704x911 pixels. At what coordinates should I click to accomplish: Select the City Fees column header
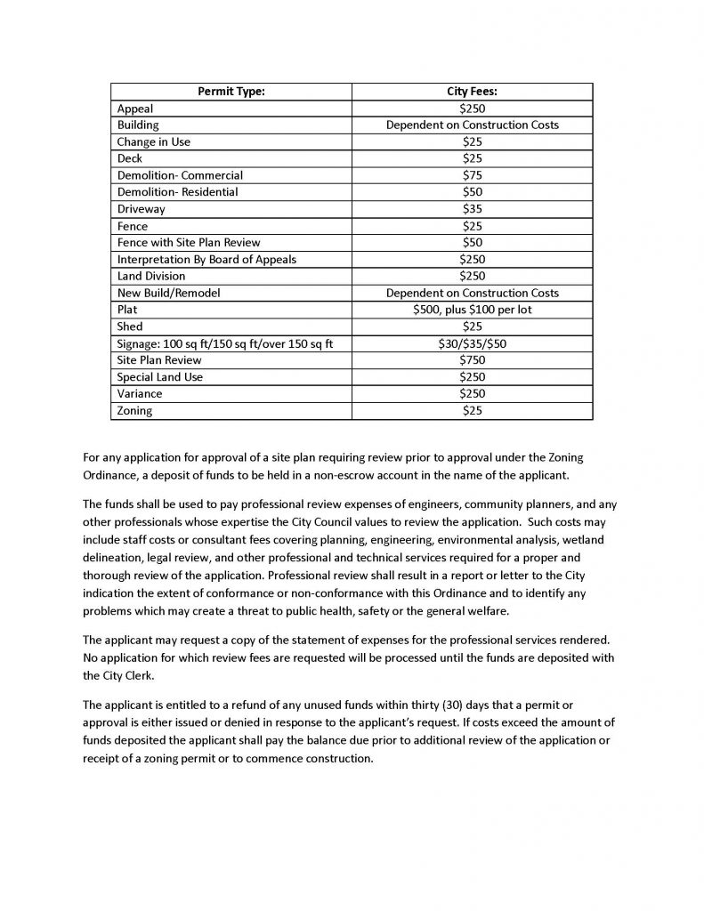pyautogui.click(x=472, y=91)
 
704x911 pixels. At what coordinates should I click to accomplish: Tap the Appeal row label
pyautogui.click(x=135, y=108)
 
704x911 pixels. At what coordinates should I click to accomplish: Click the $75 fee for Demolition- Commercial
pyautogui.click(x=472, y=175)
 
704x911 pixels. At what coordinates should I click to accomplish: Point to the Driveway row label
pyautogui.click(x=142, y=209)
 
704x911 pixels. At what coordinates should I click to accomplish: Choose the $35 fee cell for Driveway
pyautogui.click(x=472, y=209)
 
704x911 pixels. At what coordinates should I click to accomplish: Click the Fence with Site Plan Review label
pyautogui.click(x=189, y=243)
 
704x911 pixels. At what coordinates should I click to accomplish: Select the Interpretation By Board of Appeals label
pyautogui.click(x=206, y=260)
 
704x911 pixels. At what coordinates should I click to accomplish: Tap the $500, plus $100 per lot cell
pyautogui.click(x=472, y=310)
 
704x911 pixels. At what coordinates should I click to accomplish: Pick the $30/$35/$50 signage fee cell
pyautogui.click(x=472, y=343)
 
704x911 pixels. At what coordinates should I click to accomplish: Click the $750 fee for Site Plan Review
pyautogui.click(x=472, y=360)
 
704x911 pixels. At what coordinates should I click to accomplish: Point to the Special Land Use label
pyautogui.click(x=160, y=377)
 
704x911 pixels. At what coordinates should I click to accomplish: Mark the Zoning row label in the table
pyautogui.click(x=135, y=411)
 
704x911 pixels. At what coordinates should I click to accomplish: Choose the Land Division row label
pyautogui.click(x=151, y=277)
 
